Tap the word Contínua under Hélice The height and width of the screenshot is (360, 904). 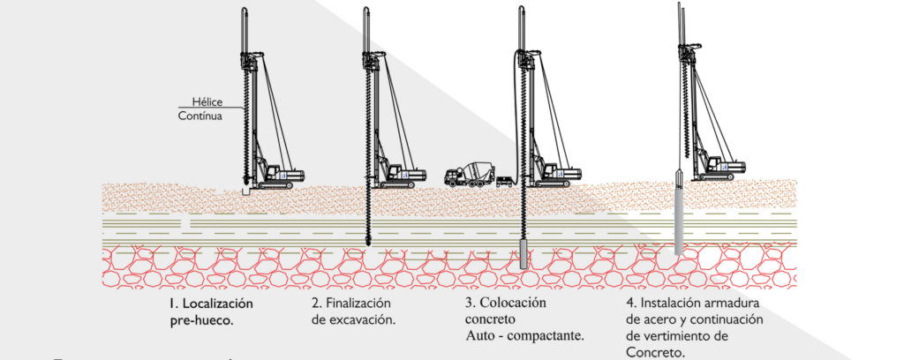[200, 116]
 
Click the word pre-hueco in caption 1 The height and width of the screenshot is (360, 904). [201, 320]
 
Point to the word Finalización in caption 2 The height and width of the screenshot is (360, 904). [359, 303]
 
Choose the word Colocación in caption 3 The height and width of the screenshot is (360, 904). [515, 303]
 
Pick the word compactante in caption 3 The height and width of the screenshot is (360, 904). [551, 336]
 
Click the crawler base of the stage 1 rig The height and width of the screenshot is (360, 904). [275, 184]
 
